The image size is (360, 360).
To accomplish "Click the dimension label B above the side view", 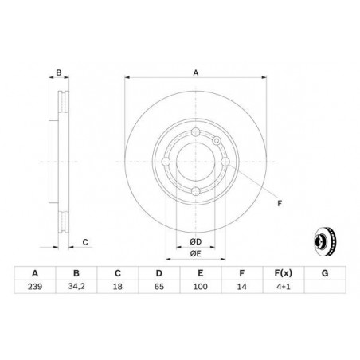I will coord(59,72).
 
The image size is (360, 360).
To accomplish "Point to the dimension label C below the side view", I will coord(84,241).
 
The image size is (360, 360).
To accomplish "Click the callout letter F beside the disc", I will coord(279,204).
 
